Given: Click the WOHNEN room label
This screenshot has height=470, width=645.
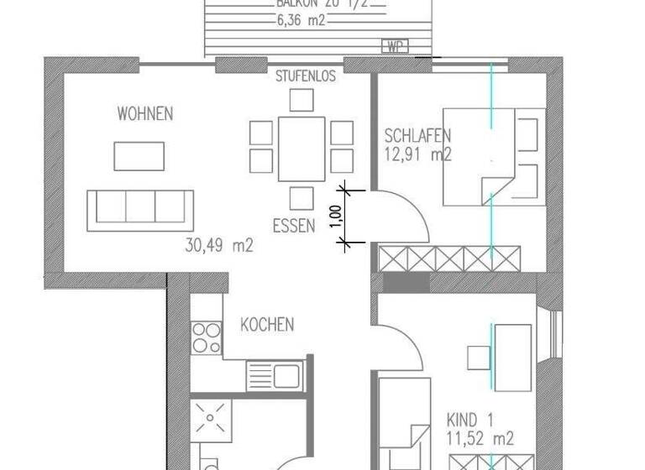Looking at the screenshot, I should click(145, 113).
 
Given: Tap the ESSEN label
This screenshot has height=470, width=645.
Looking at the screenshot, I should click(294, 225).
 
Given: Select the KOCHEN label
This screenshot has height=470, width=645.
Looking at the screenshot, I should click(267, 324).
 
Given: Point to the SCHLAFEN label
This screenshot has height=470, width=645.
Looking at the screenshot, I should click(418, 135).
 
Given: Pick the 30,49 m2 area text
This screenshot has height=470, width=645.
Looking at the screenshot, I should click(218, 246).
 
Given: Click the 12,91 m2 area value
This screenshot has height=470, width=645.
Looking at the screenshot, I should click(418, 154).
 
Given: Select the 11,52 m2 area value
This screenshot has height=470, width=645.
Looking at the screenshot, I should click(480, 437).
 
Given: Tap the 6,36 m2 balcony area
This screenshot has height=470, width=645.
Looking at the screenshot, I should click(300, 20).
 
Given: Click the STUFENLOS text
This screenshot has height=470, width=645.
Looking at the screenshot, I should click(306, 76).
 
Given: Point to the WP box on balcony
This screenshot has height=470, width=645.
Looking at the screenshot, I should click(394, 46).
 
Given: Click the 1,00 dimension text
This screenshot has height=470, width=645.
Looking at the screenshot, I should click(335, 217).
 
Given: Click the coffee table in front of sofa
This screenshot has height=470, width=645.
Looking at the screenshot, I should click(140, 155).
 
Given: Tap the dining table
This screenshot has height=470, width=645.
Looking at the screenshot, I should click(302, 149).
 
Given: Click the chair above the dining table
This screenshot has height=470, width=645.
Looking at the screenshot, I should click(302, 101).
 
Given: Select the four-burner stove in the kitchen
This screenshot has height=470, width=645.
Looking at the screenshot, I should click(206, 337).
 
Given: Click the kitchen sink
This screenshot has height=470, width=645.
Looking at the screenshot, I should click(275, 375).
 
